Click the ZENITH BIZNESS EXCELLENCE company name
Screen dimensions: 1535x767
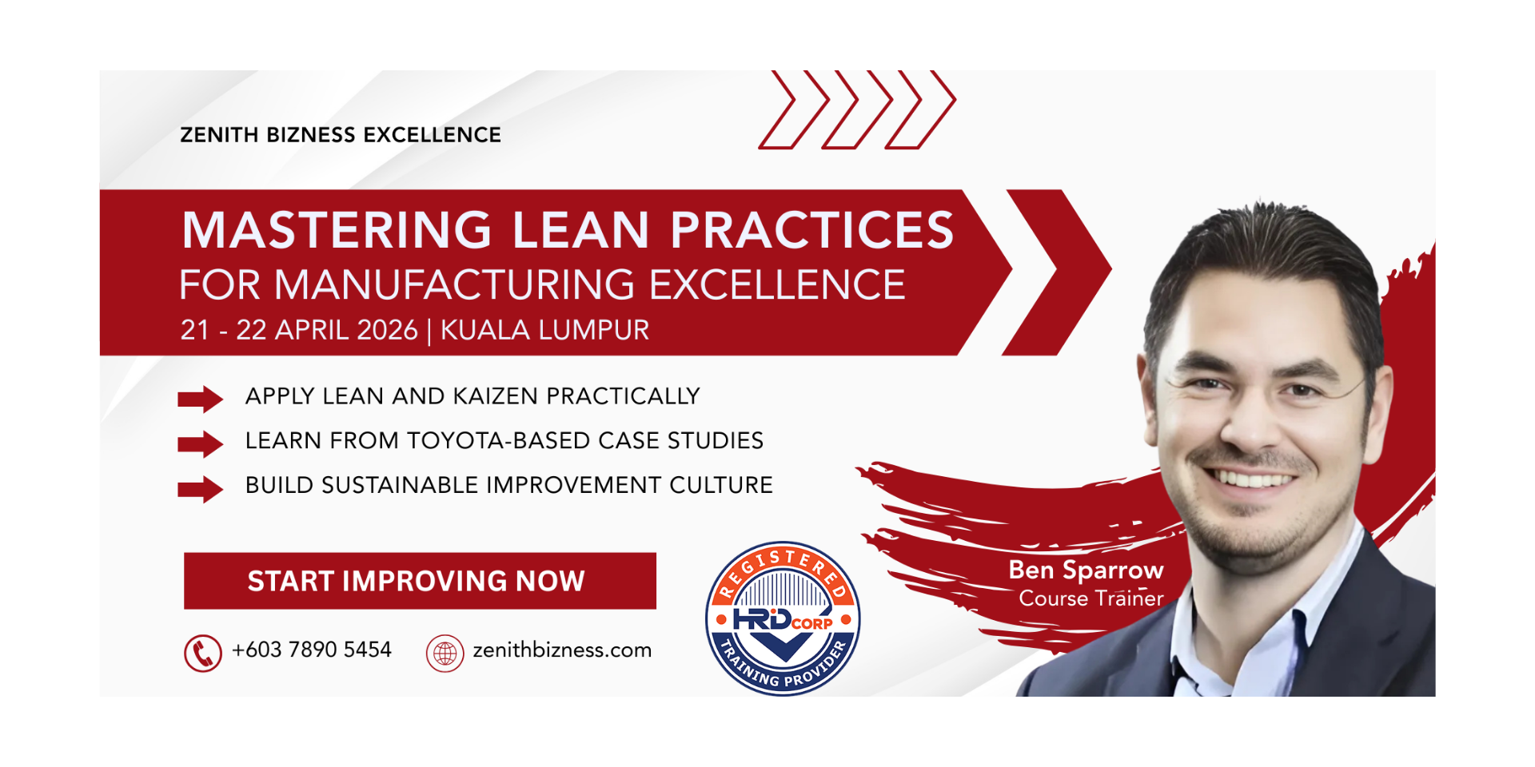(341, 134)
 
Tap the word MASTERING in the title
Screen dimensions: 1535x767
(337, 230)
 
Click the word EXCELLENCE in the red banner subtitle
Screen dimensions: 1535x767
(777, 285)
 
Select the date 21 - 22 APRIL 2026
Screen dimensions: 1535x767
(299, 330)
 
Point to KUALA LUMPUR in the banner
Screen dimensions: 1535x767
(545, 330)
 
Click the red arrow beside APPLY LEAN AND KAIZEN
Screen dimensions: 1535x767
(200, 398)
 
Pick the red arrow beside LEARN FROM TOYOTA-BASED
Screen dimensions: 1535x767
(200, 443)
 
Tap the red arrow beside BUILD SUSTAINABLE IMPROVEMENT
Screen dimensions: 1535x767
(200, 489)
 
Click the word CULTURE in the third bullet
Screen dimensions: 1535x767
(721, 485)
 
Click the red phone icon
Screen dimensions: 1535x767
(203, 653)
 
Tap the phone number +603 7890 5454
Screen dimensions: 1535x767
(312, 650)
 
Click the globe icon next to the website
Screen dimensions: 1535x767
(445, 653)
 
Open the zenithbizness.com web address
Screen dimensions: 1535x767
(562, 650)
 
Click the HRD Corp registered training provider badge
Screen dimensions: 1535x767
(783, 618)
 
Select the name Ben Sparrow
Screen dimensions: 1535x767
(1086, 570)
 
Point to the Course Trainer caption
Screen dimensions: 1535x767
(1091, 598)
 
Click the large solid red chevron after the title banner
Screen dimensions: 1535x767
(1057, 272)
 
